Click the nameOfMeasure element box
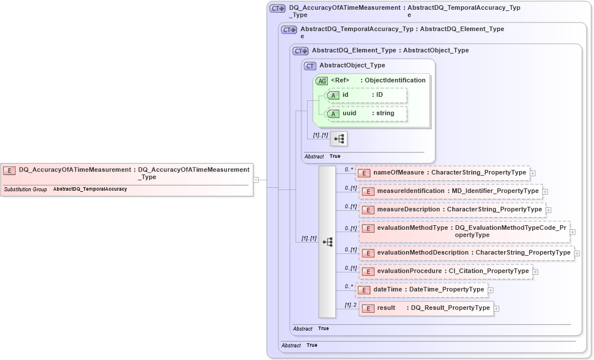point(442,172)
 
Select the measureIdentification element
point(451,191)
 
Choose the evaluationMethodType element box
point(464,231)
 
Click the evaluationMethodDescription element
point(466,253)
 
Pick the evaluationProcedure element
point(445,271)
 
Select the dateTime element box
point(421,290)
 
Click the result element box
point(426,308)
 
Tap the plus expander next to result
point(497,309)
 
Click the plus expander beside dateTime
point(490,290)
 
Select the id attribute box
point(366,95)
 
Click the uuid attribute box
point(366,113)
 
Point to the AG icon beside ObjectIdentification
point(321,81)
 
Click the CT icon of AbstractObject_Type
point(311,66)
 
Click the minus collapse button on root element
point(255,180)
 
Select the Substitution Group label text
point(25,189)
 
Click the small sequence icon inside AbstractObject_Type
point(339,138)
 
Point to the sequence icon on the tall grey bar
point(327,242)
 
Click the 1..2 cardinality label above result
point(350,305)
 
